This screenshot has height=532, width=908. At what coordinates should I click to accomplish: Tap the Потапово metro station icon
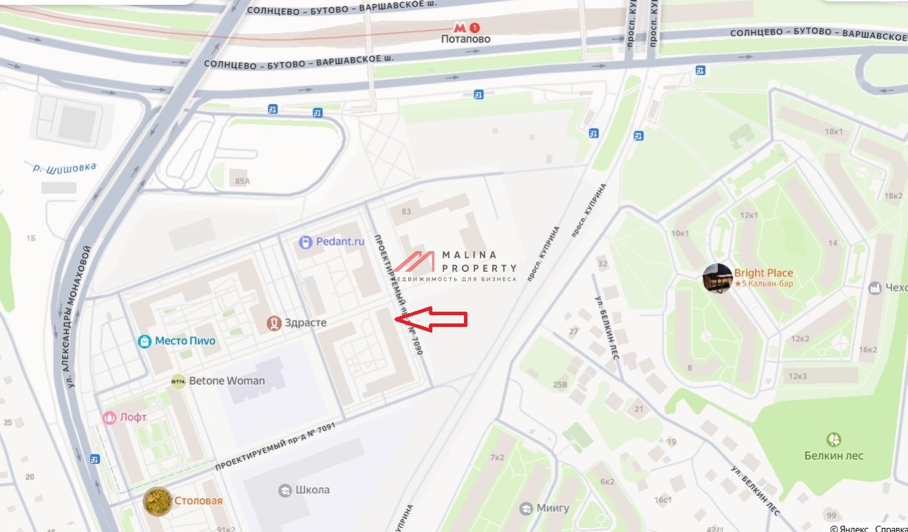(x=474, y=28)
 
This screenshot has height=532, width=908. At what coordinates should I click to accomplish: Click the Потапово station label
(x=466, y=39)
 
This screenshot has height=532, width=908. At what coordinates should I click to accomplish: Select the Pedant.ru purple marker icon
(x=306, y=242)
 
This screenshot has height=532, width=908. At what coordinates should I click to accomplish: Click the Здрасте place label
(x=306, y=323)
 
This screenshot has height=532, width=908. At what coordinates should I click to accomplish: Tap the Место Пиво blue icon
(x=145, y=341)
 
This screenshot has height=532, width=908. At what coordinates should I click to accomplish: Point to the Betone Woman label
(x=226, y=381)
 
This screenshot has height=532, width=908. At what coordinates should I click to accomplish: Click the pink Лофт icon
(x=109, y=417)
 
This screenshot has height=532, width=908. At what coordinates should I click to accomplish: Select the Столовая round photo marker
(x=158, y=501)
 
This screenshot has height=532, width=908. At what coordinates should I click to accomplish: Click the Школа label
(x=312, y=490)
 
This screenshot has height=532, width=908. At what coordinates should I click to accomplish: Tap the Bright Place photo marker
(x=717, y=278)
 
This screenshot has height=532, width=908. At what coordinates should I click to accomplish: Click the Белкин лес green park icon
(x=834, y=440)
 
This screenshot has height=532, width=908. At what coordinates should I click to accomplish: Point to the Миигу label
(x=553, y=508)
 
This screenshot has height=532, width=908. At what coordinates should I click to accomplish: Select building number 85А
(x=242, y=182)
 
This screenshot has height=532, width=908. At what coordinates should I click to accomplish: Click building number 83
(x=406, y=212)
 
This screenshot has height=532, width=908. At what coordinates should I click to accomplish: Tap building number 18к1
(x=834, y=131)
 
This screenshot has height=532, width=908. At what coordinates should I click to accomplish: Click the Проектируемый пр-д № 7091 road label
(x=282, y=445)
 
